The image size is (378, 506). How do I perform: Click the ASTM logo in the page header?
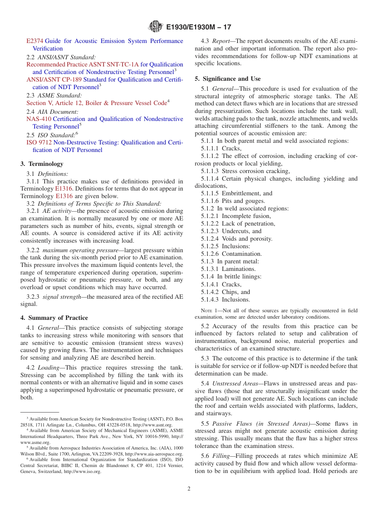tap(156, 27)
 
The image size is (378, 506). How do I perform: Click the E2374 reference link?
tap(35, 41)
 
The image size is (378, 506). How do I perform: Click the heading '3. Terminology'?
tap(42, 164)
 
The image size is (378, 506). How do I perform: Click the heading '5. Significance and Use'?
tap(228, 79)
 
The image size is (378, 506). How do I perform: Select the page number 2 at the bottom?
tap(189, 488)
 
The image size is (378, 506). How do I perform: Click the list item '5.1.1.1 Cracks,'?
tap(221, 148)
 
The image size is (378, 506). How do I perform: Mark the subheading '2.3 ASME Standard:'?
tap(54, 95)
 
